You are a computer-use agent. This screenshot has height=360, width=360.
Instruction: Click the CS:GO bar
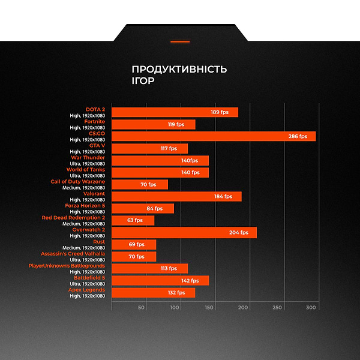[x=214, y=136]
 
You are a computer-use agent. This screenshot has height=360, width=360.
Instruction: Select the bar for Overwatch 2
[x=184, y=232]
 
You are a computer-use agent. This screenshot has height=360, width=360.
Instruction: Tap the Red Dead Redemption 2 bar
[x=133, y=220]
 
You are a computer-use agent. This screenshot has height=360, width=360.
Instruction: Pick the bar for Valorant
[x=176, y=196]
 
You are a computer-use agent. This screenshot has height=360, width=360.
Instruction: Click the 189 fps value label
[x=220, y=112]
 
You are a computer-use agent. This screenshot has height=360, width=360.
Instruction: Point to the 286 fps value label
[x=298, y=136]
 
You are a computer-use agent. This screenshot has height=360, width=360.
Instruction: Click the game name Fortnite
[x=94, y=122]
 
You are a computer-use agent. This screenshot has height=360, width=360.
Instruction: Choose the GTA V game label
[x=97, y=146]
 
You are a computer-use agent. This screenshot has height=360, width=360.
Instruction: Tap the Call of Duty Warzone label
[x=77, y=182]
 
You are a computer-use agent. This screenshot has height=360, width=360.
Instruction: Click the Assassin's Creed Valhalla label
[x=73, y=254]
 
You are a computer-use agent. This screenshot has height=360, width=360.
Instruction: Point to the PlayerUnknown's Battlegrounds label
[x=67, y=266]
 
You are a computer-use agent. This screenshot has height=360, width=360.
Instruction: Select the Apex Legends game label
[x=86, y=290]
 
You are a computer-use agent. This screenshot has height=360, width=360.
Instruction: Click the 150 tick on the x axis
[x=209, y=308]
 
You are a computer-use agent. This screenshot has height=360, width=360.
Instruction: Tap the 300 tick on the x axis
[x=311, y=308]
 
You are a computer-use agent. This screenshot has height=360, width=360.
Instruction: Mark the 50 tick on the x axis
[x=142, y=308]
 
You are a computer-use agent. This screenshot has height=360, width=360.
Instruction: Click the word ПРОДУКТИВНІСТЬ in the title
[x=179, y=69]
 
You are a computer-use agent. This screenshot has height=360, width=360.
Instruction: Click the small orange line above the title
[x=180, y=42]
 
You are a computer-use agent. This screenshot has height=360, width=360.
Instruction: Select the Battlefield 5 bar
[x=160, y=280]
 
